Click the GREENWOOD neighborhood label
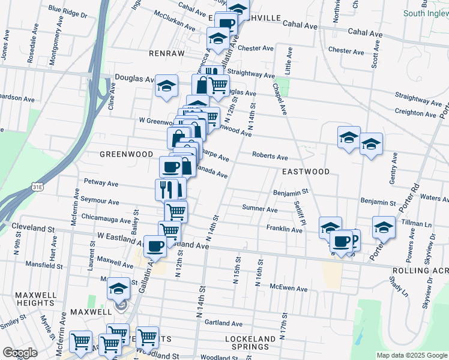(x=127, y=154)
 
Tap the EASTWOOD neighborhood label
(x=306, y=172)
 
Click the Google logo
(x=20, y=353)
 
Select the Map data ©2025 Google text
(x=412, y=355)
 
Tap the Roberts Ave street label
(x=270, y=156)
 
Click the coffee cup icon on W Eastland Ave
(x=155, y=245)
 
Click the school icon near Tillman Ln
(x=384, y=227)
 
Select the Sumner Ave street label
(x=259, y=209)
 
